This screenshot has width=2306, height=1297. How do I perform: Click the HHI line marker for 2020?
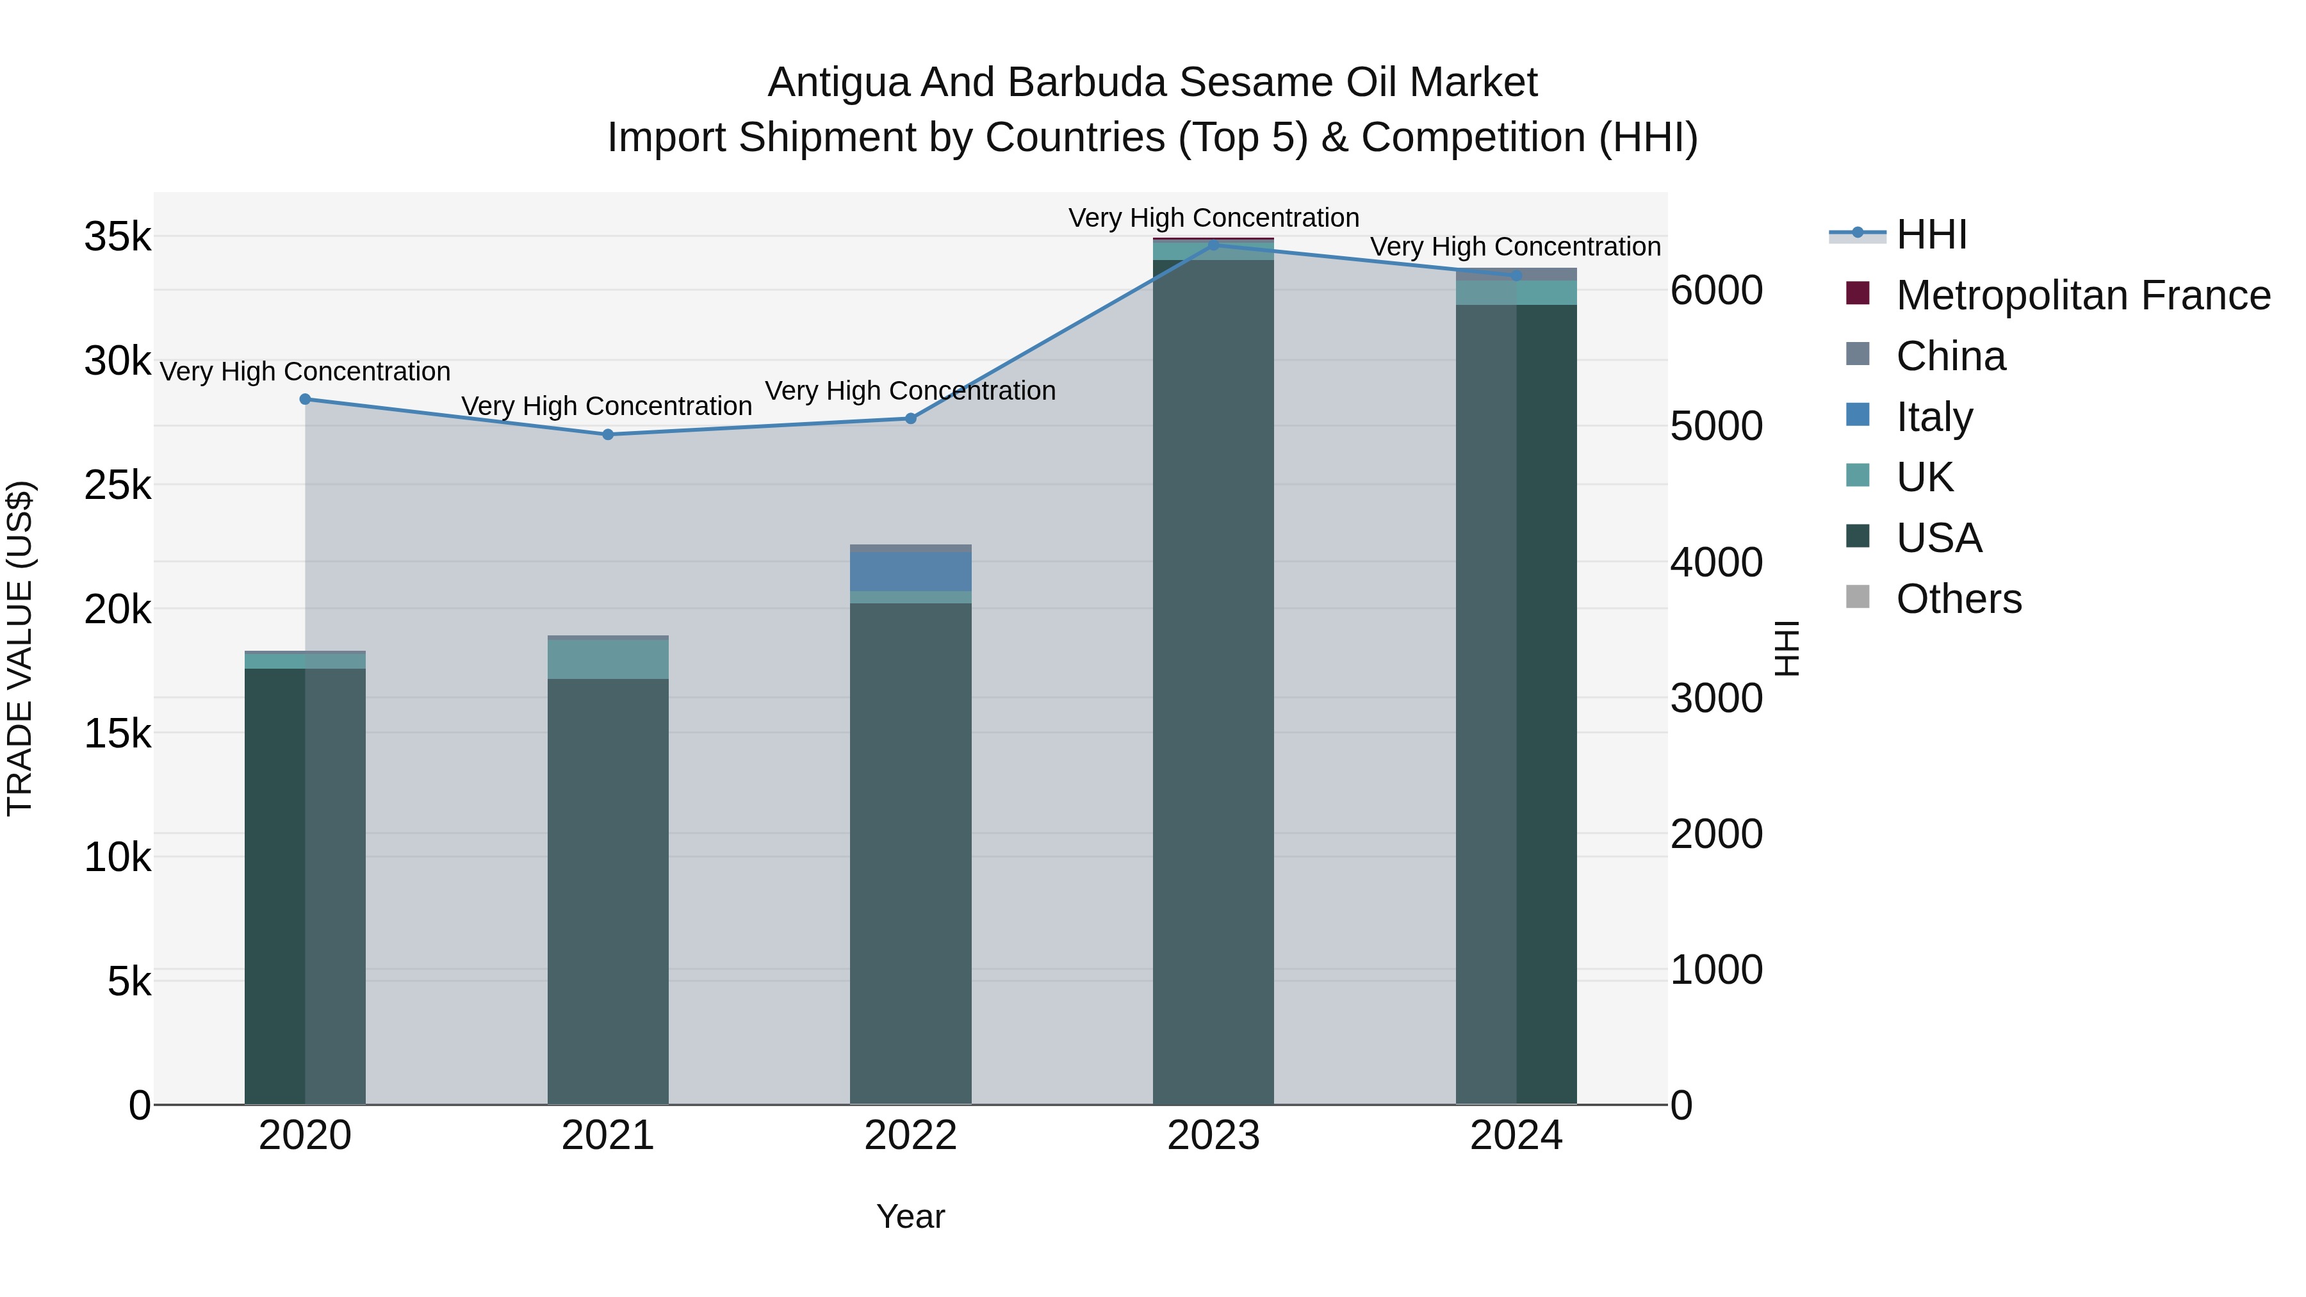[306, 399]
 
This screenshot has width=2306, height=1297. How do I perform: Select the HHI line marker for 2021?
[608, 435]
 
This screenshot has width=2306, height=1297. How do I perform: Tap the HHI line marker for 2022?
[910, 419]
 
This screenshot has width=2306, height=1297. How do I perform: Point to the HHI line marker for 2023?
[1214, 245]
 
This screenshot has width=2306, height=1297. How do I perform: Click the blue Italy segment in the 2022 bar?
[910, 572]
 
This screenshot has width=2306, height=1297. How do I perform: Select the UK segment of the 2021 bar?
[608, 660]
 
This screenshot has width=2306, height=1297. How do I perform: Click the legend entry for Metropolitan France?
[2082, 295]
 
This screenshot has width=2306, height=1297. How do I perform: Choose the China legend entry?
[1950, 356]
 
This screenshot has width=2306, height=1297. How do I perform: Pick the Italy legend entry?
[1934, 417]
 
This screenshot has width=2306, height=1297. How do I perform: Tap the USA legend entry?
[1938, 538]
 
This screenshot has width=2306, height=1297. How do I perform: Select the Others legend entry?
[1958, 599]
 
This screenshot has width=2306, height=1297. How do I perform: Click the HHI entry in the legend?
[1931, 234]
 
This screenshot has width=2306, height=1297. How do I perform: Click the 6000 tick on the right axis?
[1716, 291]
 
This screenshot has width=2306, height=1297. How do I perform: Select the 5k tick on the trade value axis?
[129, 982]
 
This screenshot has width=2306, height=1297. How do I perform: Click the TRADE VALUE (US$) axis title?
[20, 648]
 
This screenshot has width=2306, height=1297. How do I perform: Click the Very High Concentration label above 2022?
[910, 391]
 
